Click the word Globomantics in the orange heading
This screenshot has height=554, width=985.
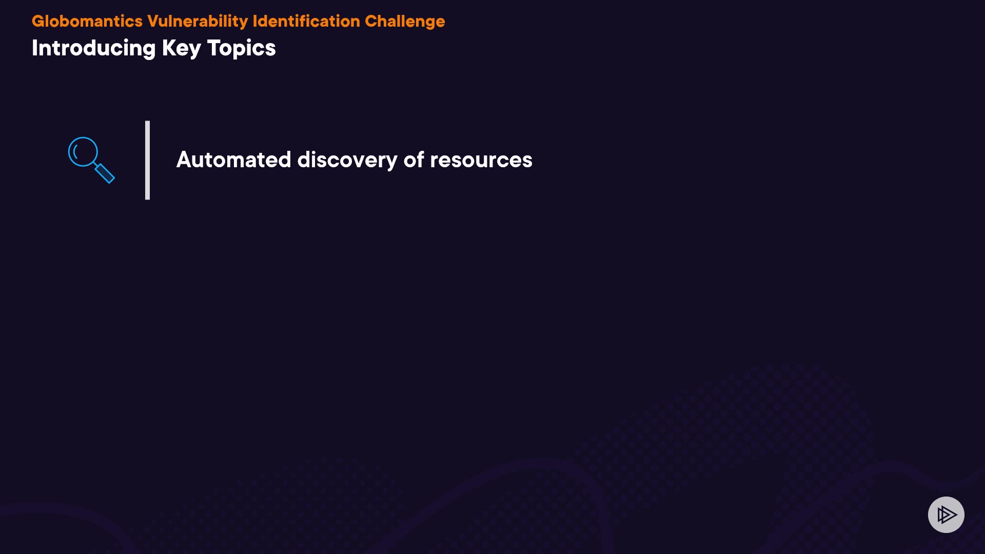click(x=87, y=21)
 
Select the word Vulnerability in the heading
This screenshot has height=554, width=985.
click(x=198, y=22)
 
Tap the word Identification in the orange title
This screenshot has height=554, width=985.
click(x=306, y=21)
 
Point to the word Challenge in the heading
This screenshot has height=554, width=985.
click(x=405, y=22)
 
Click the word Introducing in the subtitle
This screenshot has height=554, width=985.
click(x=93, y=49)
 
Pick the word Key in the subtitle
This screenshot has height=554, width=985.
click(x=182, y=49)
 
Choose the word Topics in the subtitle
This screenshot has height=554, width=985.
click(x=242, y=49)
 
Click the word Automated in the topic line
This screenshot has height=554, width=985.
click(x=234, y=160)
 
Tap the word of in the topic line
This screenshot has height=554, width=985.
click(x=414, y=160)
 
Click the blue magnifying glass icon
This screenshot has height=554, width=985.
click(x=91, y=160)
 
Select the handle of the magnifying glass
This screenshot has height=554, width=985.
click(x=105, y=173)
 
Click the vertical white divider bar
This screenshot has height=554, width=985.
click(x=148, y=160)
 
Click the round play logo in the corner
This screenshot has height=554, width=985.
click(x=946, y=515)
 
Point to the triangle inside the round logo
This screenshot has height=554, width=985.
click(x=947, y=515)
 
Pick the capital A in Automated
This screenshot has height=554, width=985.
click(x=184, y=160)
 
